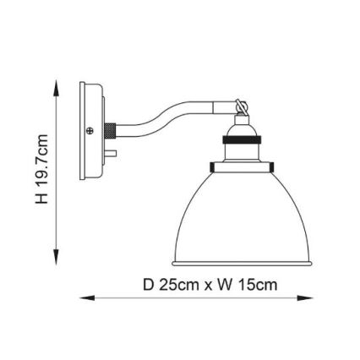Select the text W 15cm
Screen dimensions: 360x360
click(248, 285)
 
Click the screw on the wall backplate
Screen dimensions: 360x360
click(90, 131)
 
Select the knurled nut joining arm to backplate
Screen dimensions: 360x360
click(110, 132)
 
